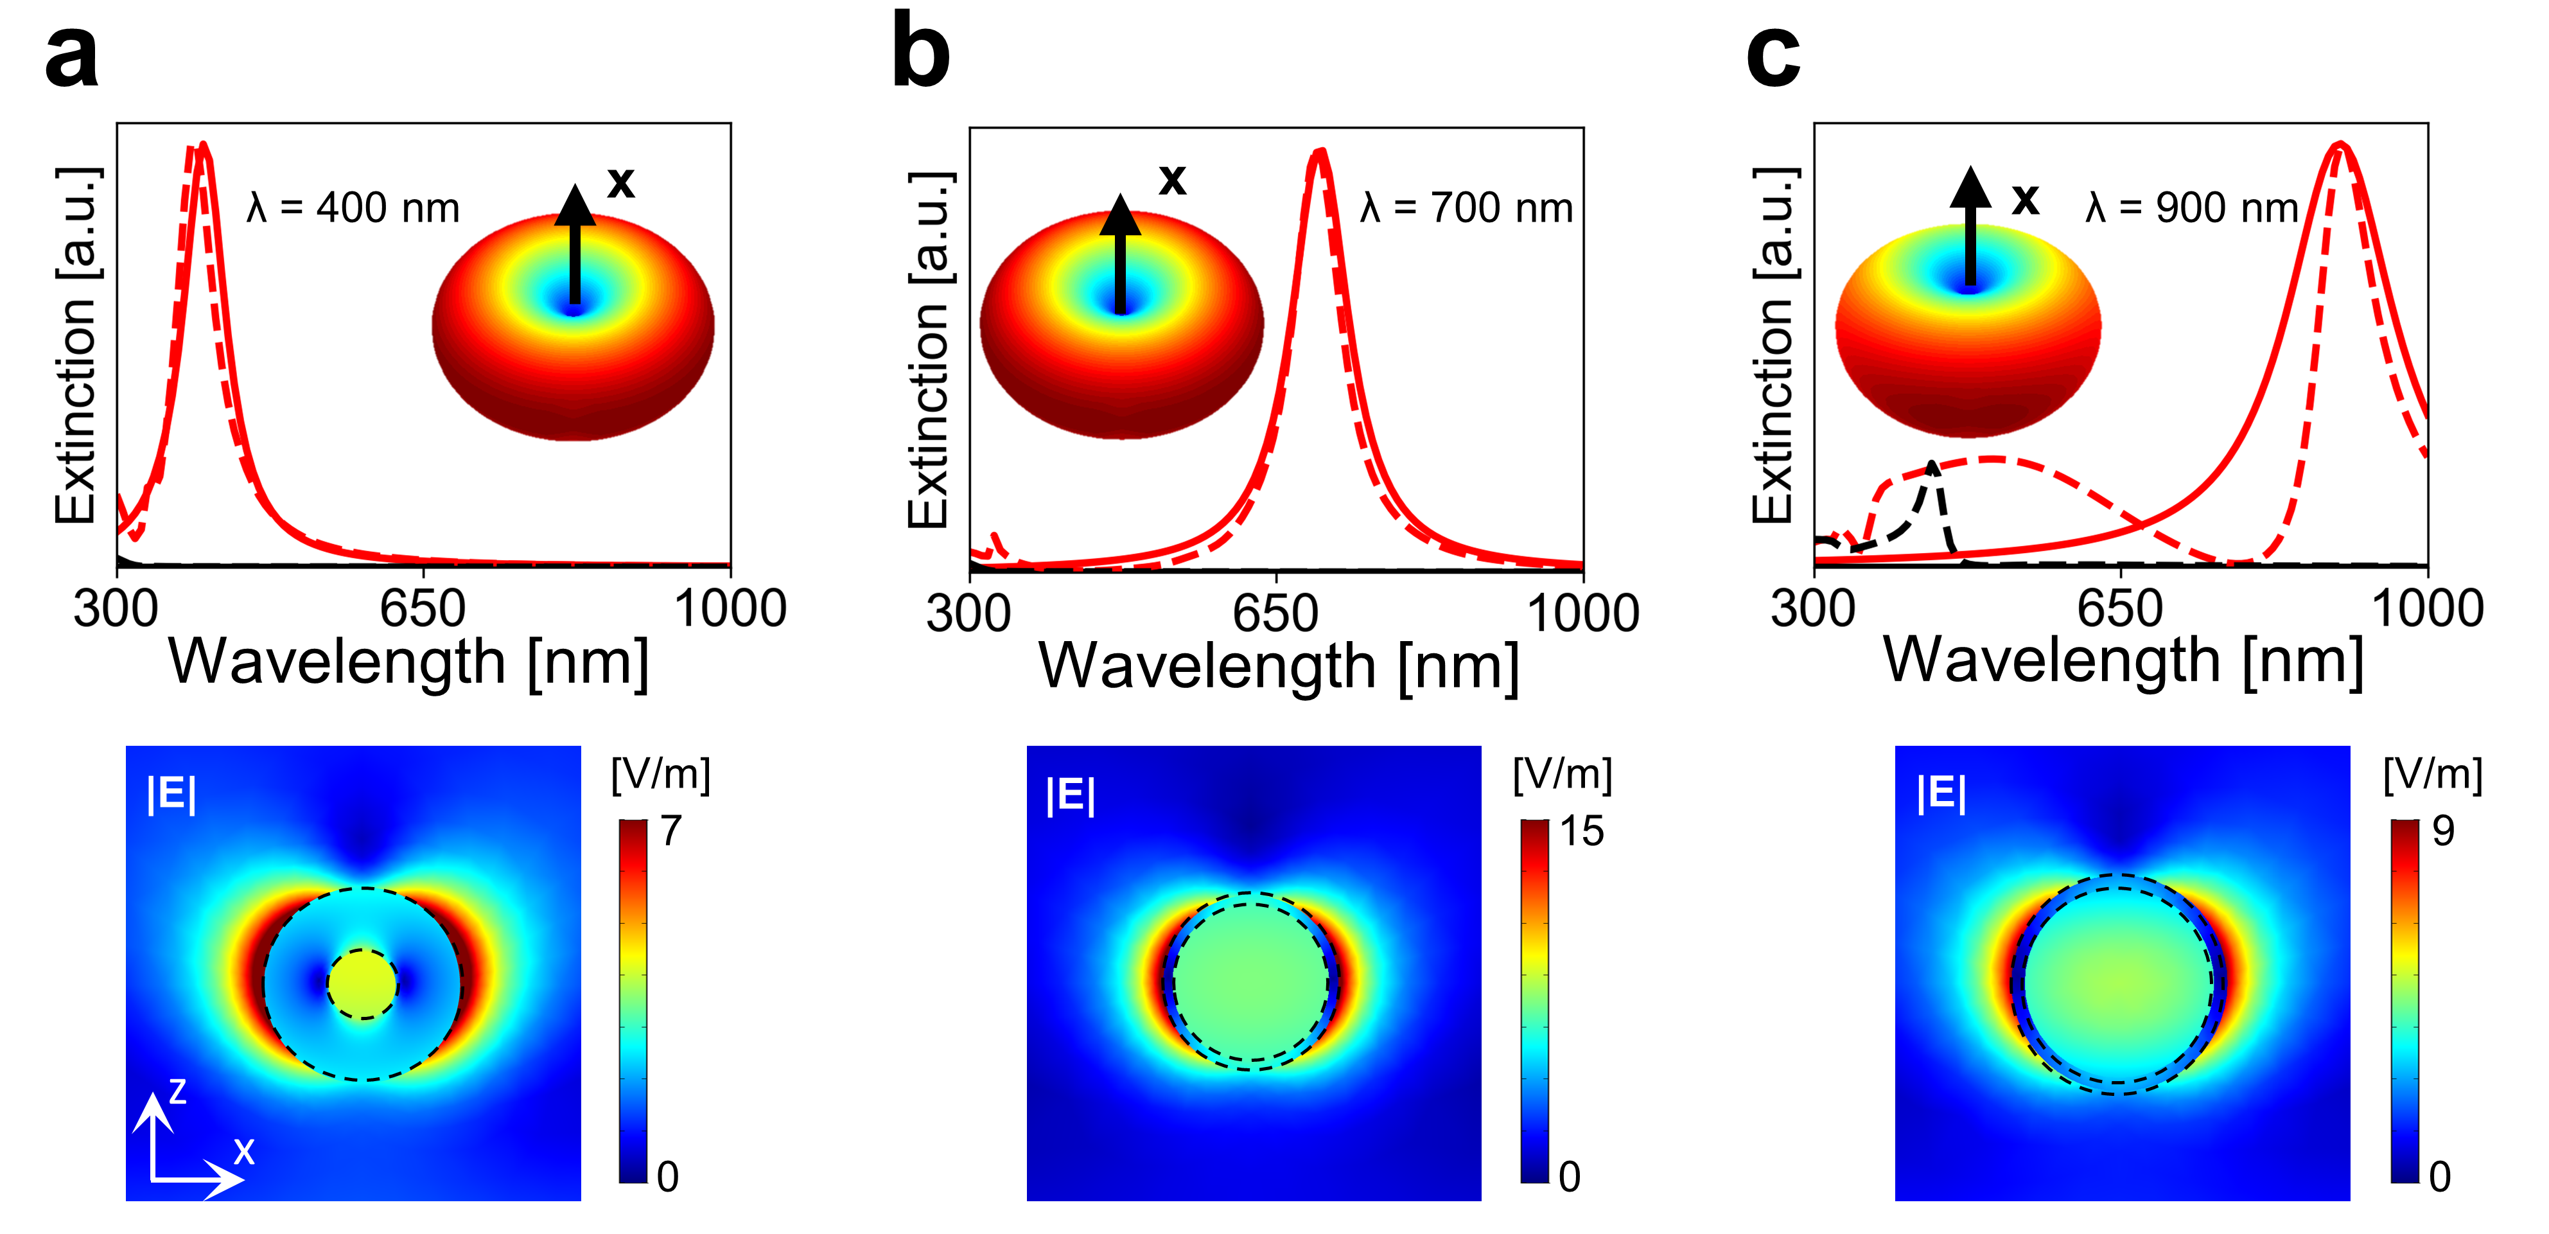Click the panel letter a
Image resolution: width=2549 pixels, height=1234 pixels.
pyautogui.click(x=71, y=57)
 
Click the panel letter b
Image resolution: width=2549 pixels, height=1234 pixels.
pyautogui.click(x=920, y=55)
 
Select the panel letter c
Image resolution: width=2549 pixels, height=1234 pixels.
pyautogui.click(x=1773, y=57)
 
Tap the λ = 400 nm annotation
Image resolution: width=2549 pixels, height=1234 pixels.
pyautogui.click(x=353, y=209)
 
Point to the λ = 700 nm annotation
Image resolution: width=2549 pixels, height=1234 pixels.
pyautogui.click(x=1466, y=209)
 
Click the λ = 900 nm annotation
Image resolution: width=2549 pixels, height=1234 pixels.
pyautogui.click(x=2192, y=208)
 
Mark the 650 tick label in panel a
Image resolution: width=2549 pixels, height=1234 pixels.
pyautogui.click(x=423, y=608)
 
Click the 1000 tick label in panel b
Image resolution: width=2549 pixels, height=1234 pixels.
pyautogui.click(x=1583, y=613)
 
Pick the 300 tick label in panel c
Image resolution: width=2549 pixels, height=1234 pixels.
pyautogui.click(x=1813, y=608)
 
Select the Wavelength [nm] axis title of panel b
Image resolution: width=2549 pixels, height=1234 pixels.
pyautogui.click(x=1279, y=666)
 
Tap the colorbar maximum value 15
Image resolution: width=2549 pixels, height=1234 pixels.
pyautogui.click(x=1581, y=831)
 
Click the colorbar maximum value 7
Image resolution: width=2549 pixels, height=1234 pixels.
pyautogui.click(x=671, y=831)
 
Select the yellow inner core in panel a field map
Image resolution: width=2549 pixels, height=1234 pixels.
pyautogui.click(x=362, y=983)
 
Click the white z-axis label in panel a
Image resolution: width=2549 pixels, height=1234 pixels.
pyautogui.click(x=177, y=1091)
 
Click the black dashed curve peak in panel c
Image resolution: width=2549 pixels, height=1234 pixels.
pyautogui.click(x=1932, y=465)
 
